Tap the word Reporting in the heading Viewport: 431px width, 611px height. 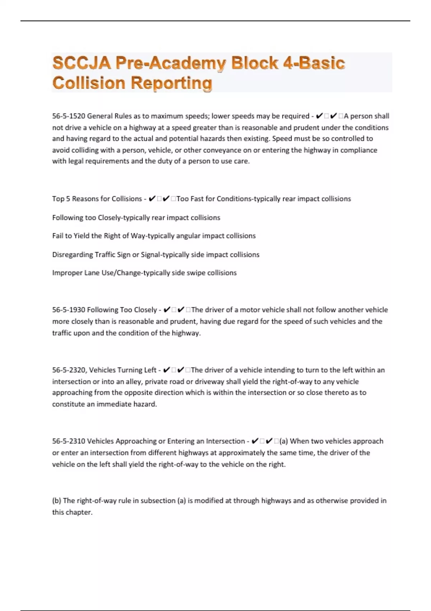(x=171, y=83)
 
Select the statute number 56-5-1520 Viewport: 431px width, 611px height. (x=69, y=116)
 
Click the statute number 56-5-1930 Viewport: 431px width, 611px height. (x=69, y=310)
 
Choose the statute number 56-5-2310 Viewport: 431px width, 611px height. (x=69, y=441)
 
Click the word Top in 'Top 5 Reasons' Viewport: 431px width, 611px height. (x=58, y=199)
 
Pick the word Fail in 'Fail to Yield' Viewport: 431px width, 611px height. (x=57, y=236)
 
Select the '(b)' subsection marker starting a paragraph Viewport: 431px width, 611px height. (x=57, y=501)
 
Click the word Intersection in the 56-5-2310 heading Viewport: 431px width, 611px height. (x=225, y=441)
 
